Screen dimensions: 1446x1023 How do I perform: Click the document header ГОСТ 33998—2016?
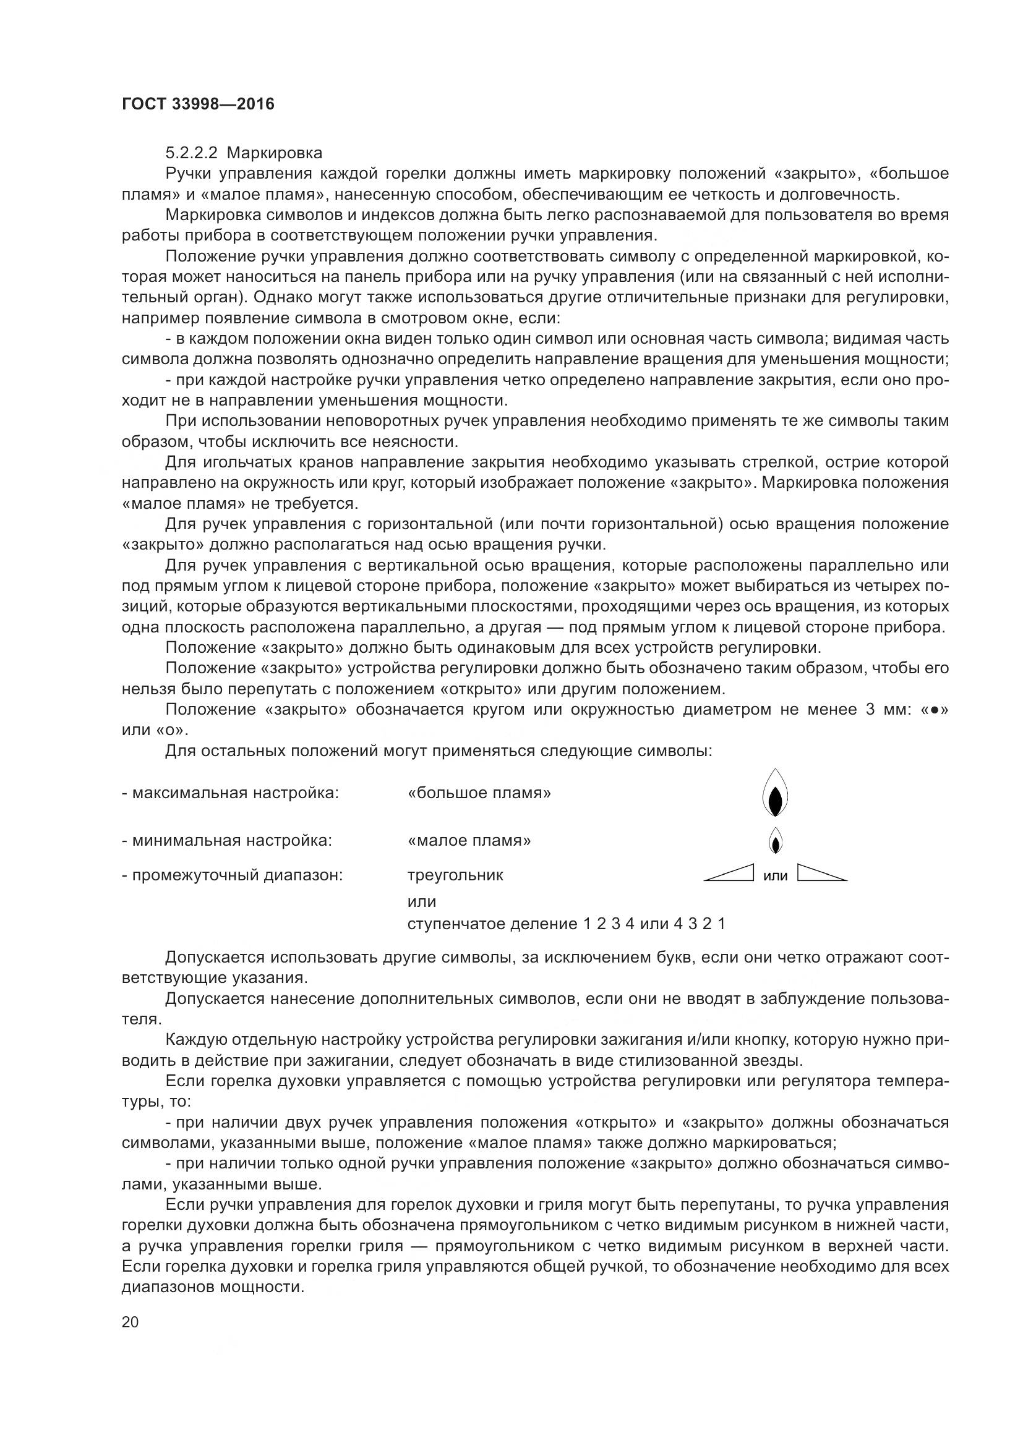pyautogui.click(x=198, y=104)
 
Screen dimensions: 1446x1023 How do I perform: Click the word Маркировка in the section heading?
pyautogui.click(x=275, y=153)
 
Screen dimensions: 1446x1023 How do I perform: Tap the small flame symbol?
pyautogui.click(x=776, y=840)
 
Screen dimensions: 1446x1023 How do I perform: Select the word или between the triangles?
pyautogui.click(x=776, y=875)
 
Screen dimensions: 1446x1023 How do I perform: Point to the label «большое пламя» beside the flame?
pyautogui.click(x=479, y=793)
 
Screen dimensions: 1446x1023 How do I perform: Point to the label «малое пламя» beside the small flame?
pyautogui.click(x=469, y=841)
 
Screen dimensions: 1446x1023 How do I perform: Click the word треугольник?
pyautogui.click(x=455, y=875)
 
